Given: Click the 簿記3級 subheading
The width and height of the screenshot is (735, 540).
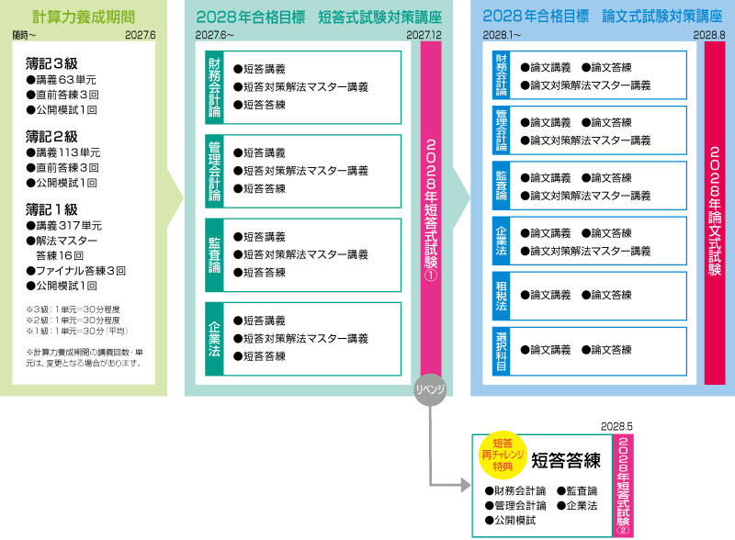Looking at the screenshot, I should coord(51,64).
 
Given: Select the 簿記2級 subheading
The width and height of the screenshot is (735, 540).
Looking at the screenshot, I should coord(51,137).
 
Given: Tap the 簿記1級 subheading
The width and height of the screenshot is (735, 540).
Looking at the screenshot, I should coord(51,208).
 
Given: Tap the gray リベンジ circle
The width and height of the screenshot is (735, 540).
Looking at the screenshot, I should coord(430,388).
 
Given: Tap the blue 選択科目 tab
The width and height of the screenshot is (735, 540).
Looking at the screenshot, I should coord(501,349).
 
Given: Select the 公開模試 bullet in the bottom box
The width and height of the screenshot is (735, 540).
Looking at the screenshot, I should coord(515,520).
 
